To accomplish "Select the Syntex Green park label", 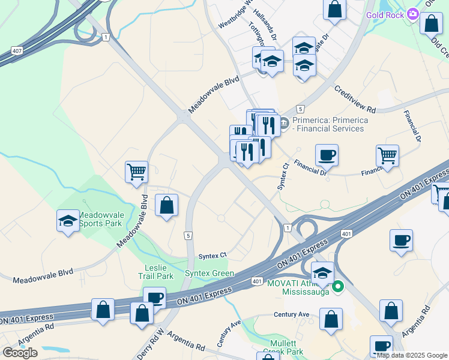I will (x=209, y=274).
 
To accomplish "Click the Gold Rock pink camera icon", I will (x=412, y=14).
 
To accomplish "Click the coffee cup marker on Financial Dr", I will (x=327, y=156).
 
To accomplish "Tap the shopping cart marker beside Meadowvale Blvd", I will (x=136, y=172).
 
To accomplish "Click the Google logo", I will (x=20, y=352).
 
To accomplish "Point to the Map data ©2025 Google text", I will (x=412, y=355).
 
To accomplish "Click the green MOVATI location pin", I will (x=339, y=287).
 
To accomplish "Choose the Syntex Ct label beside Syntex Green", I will (x=214, y=255).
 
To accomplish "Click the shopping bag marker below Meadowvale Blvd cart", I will (x=166, y=205).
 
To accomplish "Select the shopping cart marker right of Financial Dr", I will (x=387, y=156).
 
